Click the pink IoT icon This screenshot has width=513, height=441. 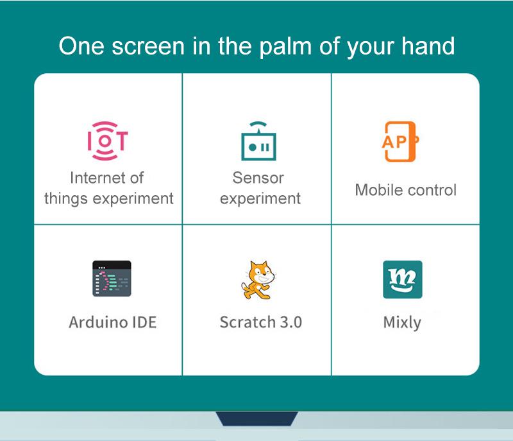(108, 141)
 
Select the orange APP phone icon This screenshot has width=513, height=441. (399, 141)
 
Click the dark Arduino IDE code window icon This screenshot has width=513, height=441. (111, 278)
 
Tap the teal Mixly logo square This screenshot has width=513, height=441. (402, 279)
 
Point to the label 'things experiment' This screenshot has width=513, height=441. (108, 198)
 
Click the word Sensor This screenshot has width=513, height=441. (258, 178)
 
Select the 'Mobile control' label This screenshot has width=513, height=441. (405, 190)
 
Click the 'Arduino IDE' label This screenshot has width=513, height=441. (112, 322)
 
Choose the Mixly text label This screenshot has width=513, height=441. (402, 322)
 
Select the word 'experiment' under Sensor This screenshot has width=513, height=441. (260, 198)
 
